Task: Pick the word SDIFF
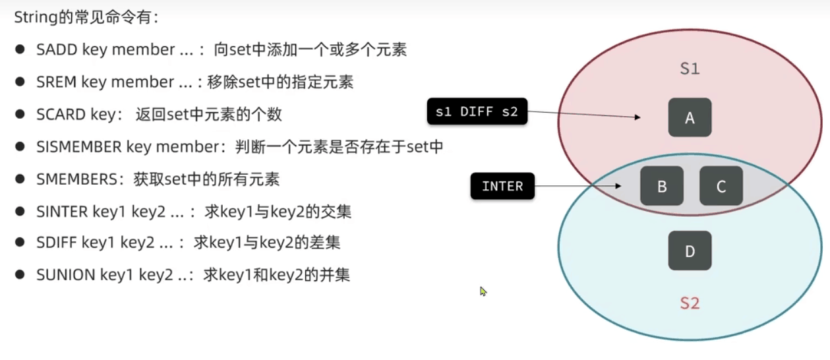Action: click(x=57, y=243)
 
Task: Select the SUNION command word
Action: click(x=65, y=275)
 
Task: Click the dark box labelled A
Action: click(x=690, y=117)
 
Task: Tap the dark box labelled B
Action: click(x=662, y=186)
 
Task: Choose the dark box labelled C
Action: click(x=721, y=186)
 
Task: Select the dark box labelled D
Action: click(x=690, y=251)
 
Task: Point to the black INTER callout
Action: click(x=502, y=187)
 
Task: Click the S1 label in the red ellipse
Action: click(x=690, y=69)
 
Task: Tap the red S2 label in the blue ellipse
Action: click(x=690, y=303)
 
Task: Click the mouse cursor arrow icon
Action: click(x=483, y=291)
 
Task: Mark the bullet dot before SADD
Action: click(x=21, y=50)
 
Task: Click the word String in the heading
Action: click(x=32, y=17)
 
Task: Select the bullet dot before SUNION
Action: click(x=21, y=275)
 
